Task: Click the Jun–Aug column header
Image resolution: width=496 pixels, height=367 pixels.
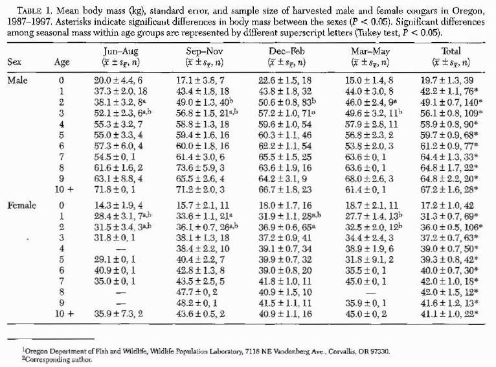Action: tap(120, 50)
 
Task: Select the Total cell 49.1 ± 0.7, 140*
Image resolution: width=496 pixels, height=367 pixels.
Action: tap(446, 101)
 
